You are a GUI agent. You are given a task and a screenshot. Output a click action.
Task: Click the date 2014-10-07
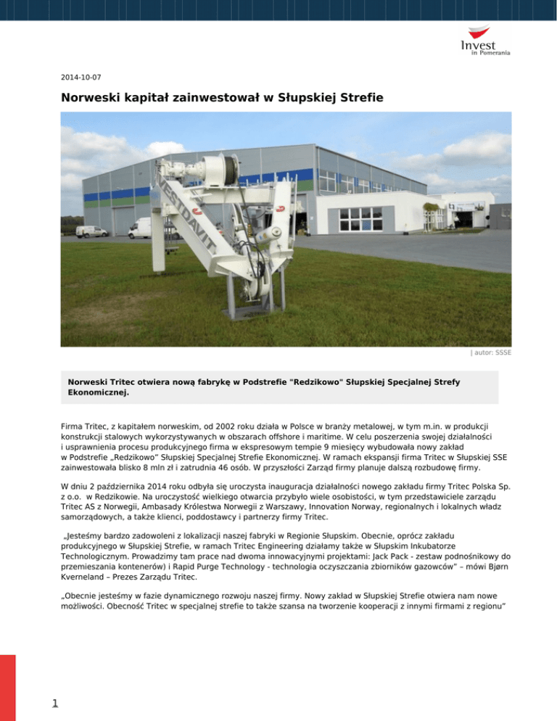tap(81, 75)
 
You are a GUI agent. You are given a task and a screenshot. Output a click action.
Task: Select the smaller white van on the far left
tap(91, 231)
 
